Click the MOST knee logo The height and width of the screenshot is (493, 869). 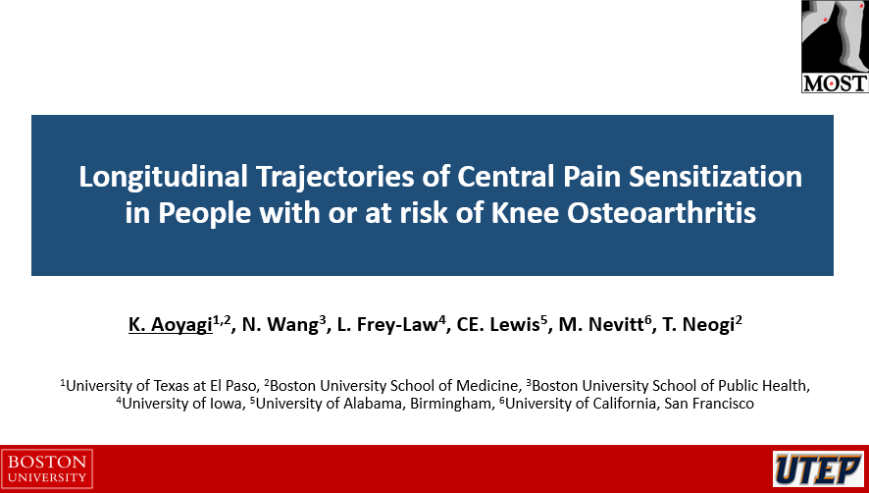point(835,46)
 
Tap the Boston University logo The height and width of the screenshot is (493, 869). point(47,469)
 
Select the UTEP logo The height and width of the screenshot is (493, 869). point(819,469)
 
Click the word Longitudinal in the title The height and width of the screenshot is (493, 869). point(163,178)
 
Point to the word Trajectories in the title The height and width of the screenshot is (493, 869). point(334,178)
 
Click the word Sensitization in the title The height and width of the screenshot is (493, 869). point(715,177)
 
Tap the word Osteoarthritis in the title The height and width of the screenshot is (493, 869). point(661,213)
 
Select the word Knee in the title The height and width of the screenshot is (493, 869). point(525,213)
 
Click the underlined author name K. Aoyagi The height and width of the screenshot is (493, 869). point(170,325)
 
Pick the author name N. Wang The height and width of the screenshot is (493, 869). point(280,325)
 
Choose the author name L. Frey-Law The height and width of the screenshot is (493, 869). point(387,325)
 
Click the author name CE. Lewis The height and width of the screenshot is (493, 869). point(497,325)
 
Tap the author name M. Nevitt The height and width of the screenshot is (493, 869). point(601,325)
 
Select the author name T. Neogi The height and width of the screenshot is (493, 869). point(698,325)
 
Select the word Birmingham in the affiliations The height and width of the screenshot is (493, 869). point(450,405)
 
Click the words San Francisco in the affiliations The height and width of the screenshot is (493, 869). point(709,404)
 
